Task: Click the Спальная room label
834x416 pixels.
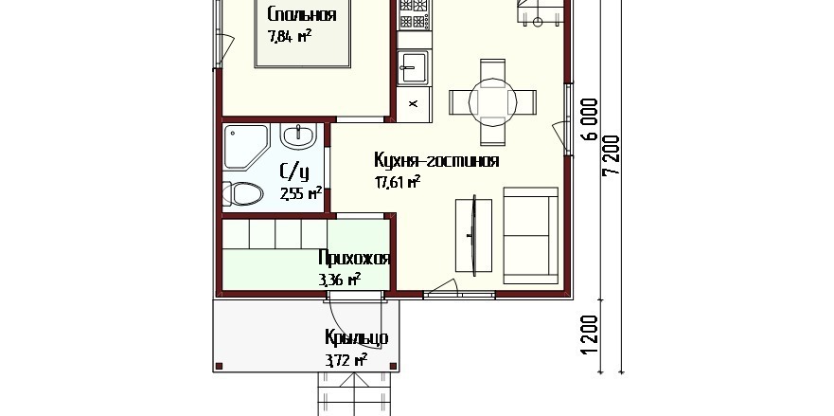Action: (302, 14)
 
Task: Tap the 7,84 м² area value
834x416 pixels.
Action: (290, 36)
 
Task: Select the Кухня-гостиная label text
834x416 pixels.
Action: (436, 160)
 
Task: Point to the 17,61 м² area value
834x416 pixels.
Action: (398, 183)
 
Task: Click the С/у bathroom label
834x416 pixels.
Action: (294, 172)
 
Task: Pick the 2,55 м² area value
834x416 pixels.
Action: (301, 192)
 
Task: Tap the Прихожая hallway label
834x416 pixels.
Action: (354, 259)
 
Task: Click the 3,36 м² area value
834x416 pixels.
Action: (340, 280)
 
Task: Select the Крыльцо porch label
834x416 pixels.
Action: (356, 338)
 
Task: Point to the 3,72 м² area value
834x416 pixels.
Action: (346, 361)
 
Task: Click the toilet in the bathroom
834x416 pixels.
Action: (242, 193)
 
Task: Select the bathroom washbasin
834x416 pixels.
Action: (299, 136)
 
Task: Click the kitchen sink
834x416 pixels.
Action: (414, 67)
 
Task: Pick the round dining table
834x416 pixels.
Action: (492, 102)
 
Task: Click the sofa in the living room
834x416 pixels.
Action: (531, 235)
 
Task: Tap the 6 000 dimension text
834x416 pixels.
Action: (591, 119)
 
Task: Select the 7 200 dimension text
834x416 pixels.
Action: (612, 155)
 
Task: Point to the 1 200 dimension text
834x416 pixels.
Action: (591, 335)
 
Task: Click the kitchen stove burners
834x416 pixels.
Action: (415, 14)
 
